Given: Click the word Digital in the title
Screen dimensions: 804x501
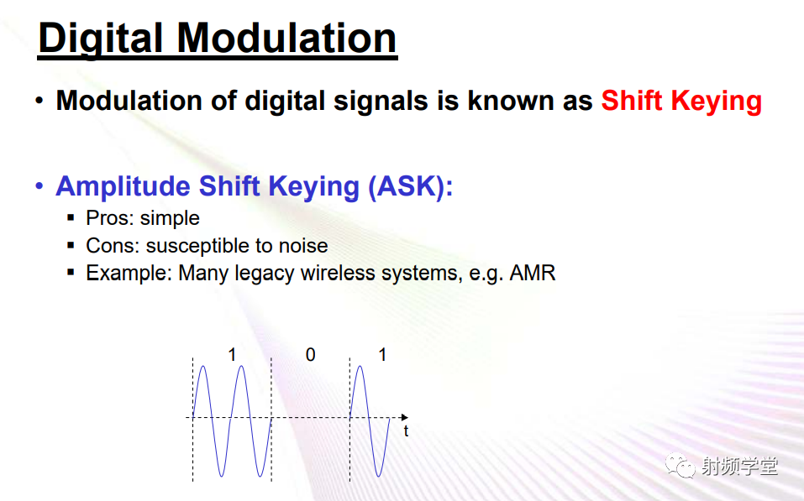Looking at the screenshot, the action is pyautogui.click(x=101, y=39).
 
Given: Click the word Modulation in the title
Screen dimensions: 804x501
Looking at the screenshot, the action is pyautogui.click(x=286, y=38).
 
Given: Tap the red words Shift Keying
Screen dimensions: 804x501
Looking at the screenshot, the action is pyautogui.click(x=681, y=101).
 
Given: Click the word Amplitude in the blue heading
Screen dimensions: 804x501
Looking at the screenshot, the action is pyautogui.click(x=123, y=186).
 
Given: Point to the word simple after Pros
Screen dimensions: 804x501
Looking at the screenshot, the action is pyautogui.click(x=170, y=219).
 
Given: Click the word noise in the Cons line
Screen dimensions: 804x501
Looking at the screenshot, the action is pyautogui.click(x=303, y=246).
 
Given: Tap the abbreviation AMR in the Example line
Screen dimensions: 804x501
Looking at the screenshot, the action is pyautogui.click(x=533, y=273).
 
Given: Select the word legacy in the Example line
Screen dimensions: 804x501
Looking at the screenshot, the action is pyautogui.click(x=265, y=274).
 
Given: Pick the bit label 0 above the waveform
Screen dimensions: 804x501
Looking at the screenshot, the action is pyautogui.click(x=310, y=354).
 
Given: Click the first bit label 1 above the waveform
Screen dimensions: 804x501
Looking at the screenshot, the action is pyautogui.click(x=232, y=354).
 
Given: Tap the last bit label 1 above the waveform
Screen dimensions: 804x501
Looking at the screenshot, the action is pyautogui.click(x=382, y=354).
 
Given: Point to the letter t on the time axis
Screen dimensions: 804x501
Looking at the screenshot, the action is pyautogui.click(x=406, y=431).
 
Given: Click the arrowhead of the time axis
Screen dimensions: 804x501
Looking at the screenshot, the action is pyautogui.click(x=405, y=418).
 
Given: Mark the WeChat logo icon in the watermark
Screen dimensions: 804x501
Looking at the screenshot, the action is pyautogui.click(x=680, y=465).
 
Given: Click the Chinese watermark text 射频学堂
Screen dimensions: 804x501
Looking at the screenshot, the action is pyautogui.click(x=738, y=466).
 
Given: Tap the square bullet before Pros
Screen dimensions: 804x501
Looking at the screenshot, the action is pyautogui.click(x=71, y=217).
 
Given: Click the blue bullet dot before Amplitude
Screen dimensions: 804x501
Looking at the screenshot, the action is pyautogui.click(x=39, y=186).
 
